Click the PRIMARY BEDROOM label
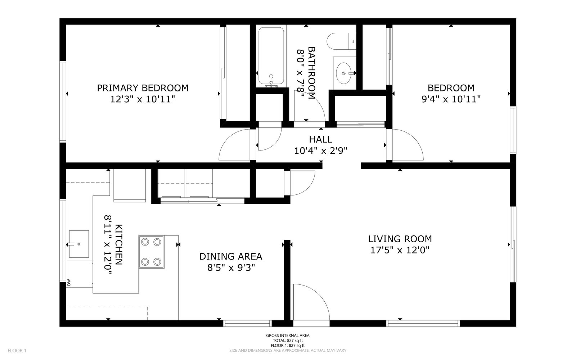click(x=143, y=88)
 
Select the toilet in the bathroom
click(x=342, y=41)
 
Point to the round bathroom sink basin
click(x=344, y=73)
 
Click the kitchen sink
click(x=79, y=244)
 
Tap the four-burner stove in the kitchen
click(x=151, y=252)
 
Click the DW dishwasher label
click(x=69, y=283)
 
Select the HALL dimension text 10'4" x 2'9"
click(x=321, y=151)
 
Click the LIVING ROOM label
click(x=400, y=239)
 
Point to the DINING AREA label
click(x=231, y=256)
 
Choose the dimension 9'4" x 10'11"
click(x=451, y=99)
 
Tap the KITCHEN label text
click(x=119, y=244)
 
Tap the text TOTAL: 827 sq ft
click(x=288, y=341)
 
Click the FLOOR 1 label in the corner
click(x=17, y=351)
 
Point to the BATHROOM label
click(x=312, y=73)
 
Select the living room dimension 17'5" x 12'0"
click(x=400, y=250)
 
